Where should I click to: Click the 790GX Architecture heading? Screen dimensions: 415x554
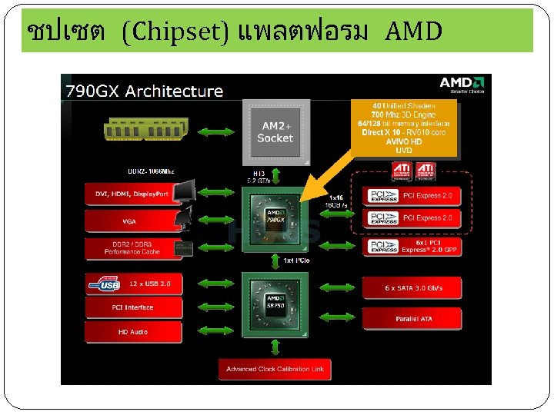(144, 91)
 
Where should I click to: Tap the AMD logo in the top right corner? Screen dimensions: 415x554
(462, 84)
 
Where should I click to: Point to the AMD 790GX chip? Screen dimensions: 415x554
(275, 220)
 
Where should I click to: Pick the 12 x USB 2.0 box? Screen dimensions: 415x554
(133, 284)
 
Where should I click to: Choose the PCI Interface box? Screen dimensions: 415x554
(133, 307)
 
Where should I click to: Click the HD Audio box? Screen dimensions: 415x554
(133, 332)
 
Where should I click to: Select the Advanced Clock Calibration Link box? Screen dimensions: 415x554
(275, 369)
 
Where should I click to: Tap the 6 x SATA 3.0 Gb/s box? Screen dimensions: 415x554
(412, 288)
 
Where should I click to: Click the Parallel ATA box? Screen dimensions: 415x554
(412, 318)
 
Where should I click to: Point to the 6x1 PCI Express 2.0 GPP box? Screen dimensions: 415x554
(412, 247)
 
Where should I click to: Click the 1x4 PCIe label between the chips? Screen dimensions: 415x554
(296, 261)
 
